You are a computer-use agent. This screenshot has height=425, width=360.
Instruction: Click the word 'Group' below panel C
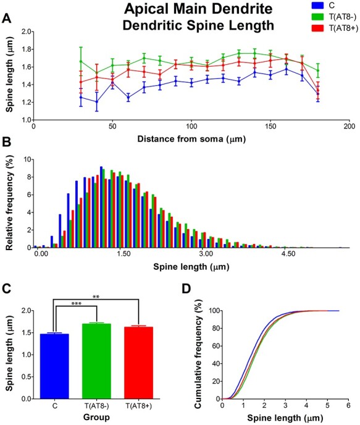point(95,418)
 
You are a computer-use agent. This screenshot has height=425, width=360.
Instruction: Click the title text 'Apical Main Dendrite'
point(183,10)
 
